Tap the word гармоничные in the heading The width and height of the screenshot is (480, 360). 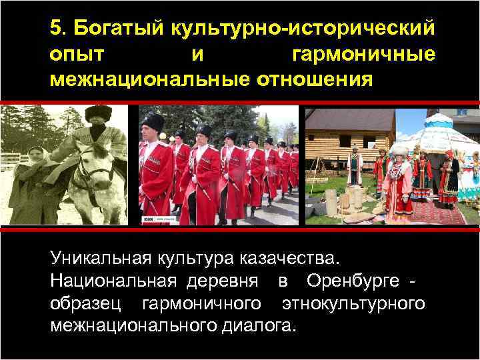tap(364, 55)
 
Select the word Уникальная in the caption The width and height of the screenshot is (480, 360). tap(101, 257)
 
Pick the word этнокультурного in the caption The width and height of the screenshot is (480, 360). tap(353, 303)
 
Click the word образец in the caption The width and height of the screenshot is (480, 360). tap(85, 303)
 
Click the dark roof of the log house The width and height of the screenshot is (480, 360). tap(347, 119)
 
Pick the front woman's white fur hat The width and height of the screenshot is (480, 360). tap(401, 151)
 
